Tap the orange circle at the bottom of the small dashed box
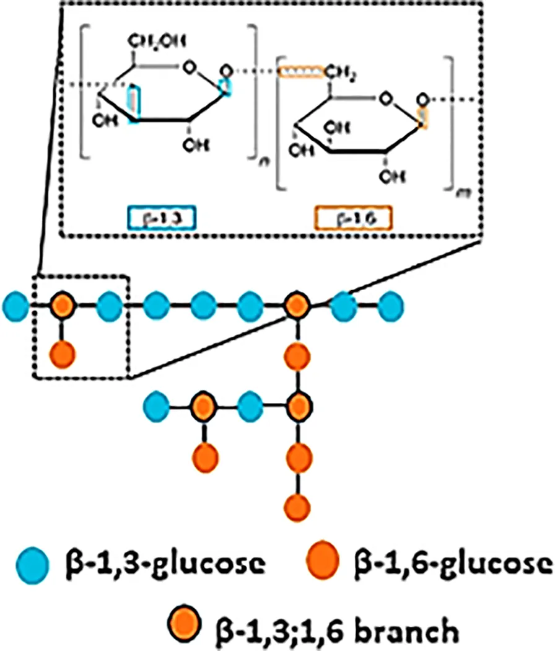[63, 354]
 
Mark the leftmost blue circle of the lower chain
[157, 407]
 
